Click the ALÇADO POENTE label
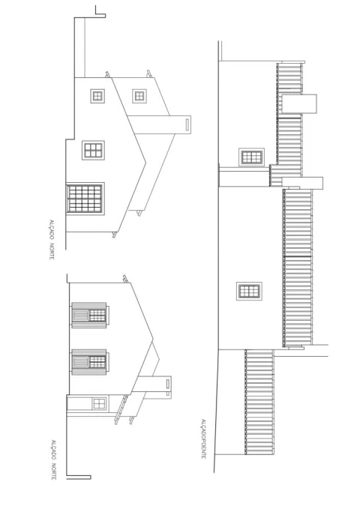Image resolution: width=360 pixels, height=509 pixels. pos(203,439)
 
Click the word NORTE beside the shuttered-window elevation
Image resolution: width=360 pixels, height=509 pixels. pos(53,472)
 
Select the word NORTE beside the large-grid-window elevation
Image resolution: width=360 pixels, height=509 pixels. pos(51,250)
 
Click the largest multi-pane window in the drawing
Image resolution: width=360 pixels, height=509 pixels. pos(85,199)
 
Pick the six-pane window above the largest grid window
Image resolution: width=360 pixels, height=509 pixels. pos(93,150)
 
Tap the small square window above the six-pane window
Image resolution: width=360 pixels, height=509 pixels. pos(97,96)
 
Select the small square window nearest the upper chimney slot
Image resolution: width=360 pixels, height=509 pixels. pos(139,96)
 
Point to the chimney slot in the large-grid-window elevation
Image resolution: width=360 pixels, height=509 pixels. pos(187,125)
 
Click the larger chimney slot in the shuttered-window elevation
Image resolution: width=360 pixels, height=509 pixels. pos(168,384)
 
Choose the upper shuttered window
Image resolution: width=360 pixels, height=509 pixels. pos(90,315)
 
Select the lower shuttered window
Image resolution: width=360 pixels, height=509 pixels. pos(90,362)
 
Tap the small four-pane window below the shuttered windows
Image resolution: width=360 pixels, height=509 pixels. pos(99,404)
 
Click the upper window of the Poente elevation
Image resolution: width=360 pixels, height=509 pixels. pos(251,157)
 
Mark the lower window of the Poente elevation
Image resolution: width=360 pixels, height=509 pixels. pos(249,291)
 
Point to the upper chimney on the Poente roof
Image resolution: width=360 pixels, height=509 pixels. pos(299,104)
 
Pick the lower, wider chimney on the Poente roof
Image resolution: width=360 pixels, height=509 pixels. pos(302,183)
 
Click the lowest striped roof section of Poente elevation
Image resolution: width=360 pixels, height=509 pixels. pos(259,402)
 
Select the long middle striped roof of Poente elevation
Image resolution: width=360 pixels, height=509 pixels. pos(298,268)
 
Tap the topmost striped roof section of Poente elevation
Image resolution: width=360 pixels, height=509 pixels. pos(289,114)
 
